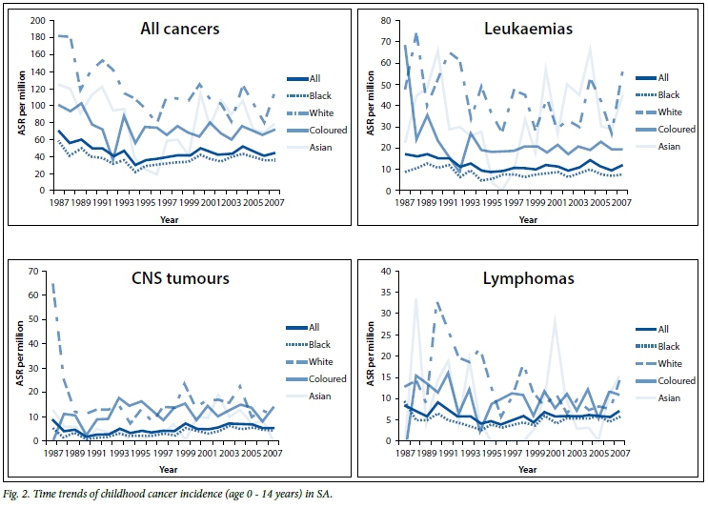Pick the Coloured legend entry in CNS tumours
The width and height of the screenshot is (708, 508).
click(321, 379)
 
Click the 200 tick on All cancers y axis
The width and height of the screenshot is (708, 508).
click(38, 20)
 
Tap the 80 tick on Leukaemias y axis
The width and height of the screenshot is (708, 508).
click(388, 20)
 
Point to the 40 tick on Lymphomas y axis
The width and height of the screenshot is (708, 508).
click(388, 272)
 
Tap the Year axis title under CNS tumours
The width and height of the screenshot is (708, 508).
click(168, 470)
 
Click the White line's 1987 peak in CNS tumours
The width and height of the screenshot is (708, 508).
click(51, 284)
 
